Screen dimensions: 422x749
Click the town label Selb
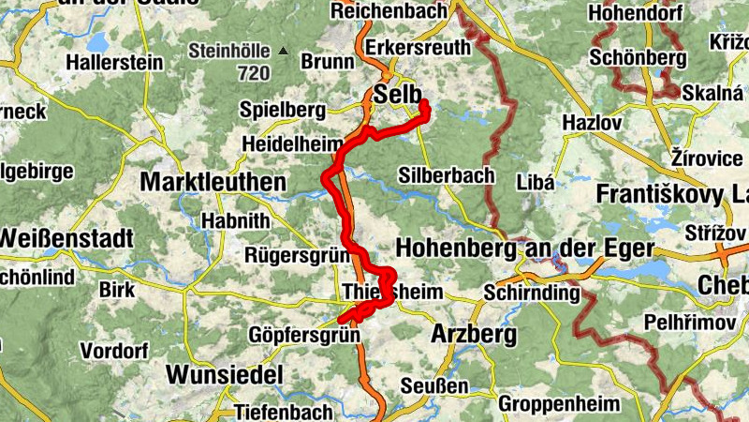tap(393, 94)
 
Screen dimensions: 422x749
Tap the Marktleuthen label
tap(213, 182)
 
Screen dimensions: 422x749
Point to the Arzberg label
tap(474, 335)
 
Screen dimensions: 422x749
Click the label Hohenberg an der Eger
tap(524, 249)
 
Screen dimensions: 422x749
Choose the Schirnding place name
tap(532, 293)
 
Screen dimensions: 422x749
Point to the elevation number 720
tap(253, 72)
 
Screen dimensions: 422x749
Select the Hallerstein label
tap(113, 62)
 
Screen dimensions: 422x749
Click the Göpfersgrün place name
tap(304, 335)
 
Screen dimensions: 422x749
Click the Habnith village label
tap(236, 220)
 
